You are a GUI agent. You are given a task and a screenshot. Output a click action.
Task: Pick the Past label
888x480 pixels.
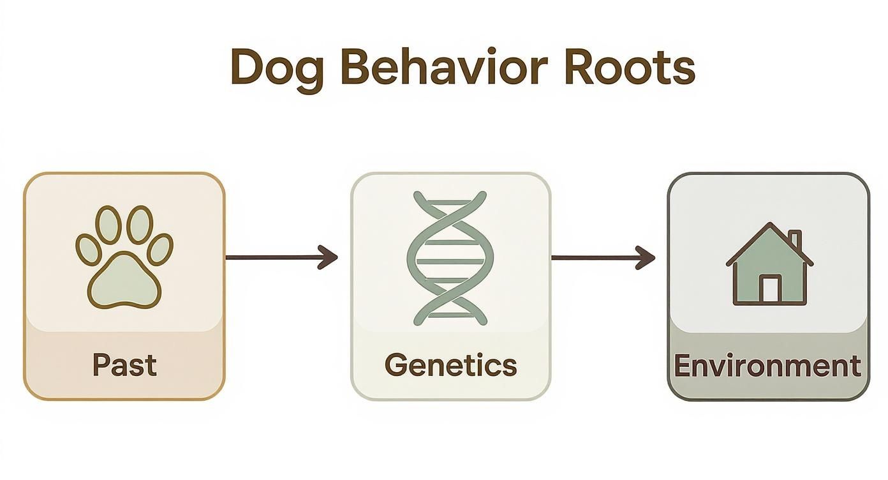(124, 364)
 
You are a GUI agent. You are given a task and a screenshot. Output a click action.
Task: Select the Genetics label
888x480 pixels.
(451, 364)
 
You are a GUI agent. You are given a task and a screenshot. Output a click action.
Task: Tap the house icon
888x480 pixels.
(769, 264)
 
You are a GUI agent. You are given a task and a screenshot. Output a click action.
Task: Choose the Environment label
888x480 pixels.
(767, 366)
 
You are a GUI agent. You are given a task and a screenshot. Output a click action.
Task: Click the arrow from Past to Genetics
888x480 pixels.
(281, 257)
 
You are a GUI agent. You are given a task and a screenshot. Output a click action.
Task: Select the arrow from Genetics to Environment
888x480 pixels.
(603, 258)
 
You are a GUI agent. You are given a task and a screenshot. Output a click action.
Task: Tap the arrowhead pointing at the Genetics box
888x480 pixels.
(330, 257)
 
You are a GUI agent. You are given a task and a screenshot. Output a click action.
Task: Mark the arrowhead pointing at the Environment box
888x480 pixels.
(647, 258)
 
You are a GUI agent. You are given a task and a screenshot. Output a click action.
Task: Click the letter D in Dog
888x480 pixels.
(244, 66)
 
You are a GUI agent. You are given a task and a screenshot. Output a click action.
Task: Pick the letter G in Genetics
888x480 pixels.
(397, 364)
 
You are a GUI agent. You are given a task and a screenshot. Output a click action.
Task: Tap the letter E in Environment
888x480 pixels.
(683, 366)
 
